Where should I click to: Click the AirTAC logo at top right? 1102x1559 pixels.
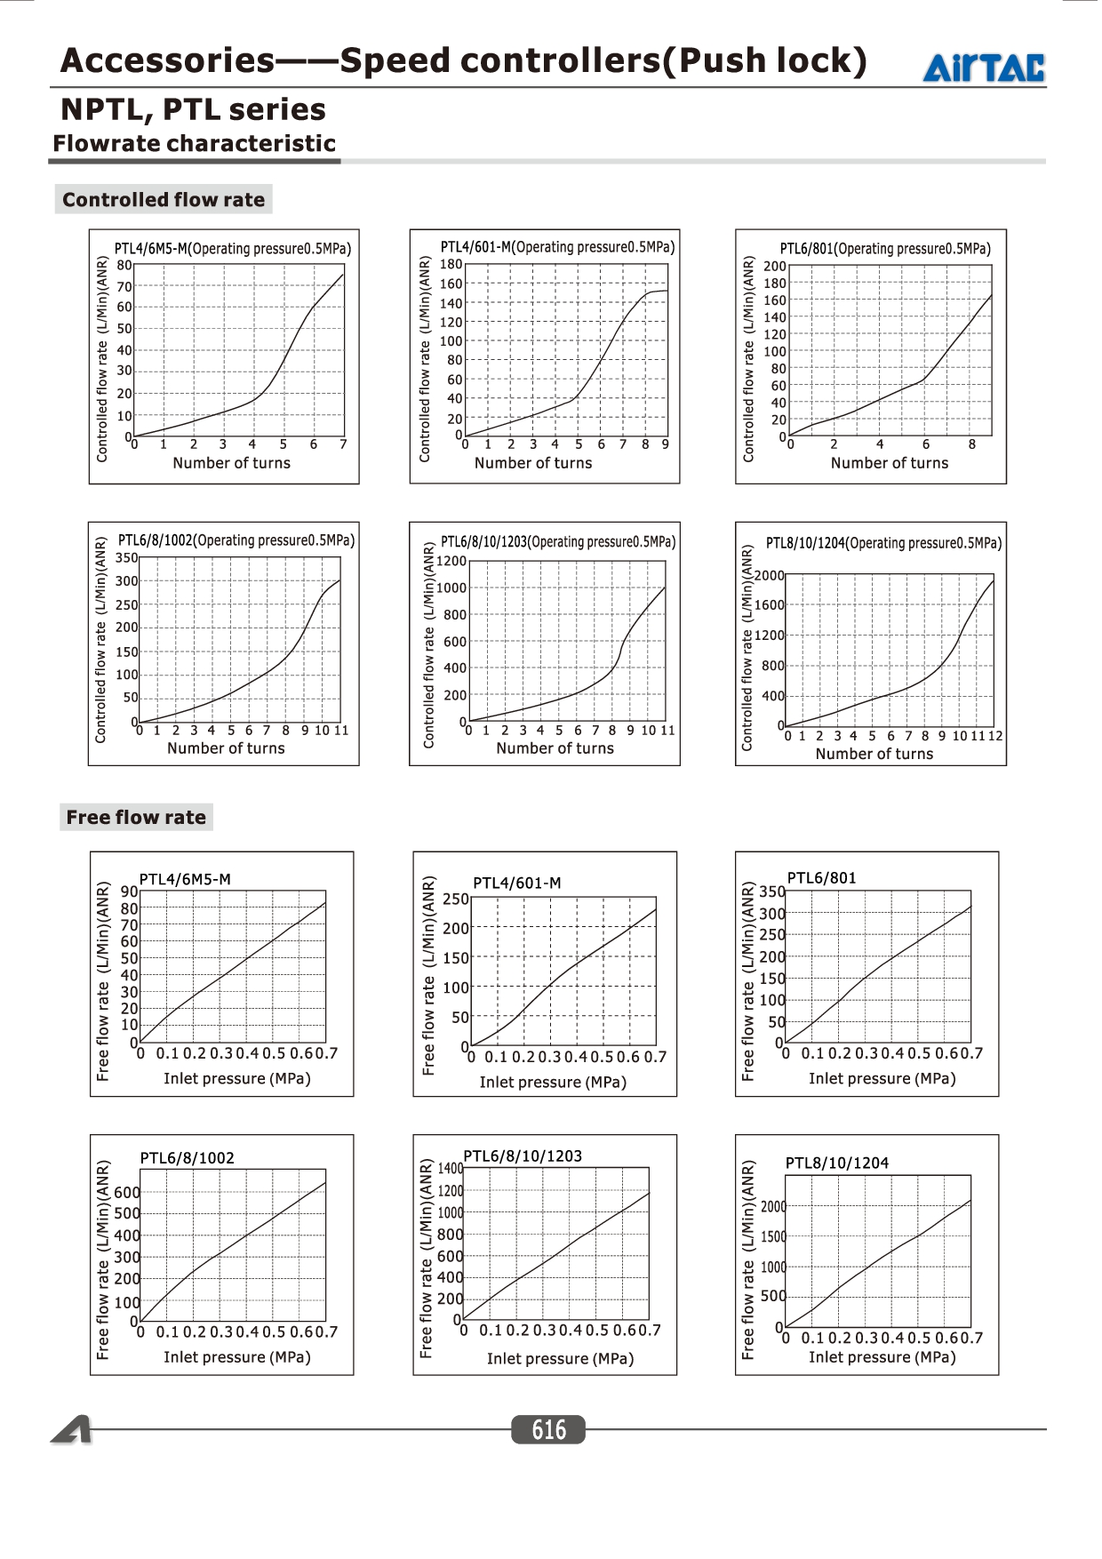pos(984,68)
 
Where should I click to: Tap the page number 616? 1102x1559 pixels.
pos(548,1429)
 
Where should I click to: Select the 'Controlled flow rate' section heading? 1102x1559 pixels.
pos(164,199)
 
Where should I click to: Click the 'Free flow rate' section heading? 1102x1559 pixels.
pos(136,817)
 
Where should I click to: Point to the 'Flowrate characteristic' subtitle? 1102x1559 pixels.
pos(194,143)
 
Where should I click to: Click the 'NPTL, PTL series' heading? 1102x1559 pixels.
pos(193,109)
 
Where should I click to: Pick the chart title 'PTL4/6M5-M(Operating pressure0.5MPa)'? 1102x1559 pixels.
pos(233,248)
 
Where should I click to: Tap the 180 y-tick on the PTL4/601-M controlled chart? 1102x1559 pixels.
pos(451,264)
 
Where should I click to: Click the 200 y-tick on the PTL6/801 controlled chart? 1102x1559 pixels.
pos(775,266)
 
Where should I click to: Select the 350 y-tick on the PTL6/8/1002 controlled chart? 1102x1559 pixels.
pos(127,558)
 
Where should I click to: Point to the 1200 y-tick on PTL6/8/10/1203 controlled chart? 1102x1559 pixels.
pos(451,561)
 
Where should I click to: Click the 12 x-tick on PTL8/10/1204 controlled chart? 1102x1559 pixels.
pos(995,736)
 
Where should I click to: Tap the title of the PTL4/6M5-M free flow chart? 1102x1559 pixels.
pos(185,879)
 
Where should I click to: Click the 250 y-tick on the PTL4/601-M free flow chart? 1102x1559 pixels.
pos(456,899)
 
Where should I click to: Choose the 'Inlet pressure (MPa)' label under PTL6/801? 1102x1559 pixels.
pos(882,1078)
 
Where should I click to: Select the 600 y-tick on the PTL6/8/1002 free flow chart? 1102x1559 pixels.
pos(127,1192)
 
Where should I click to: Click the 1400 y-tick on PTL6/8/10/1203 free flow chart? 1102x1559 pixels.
pos(451,1169)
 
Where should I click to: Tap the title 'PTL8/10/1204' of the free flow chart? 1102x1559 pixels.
pos(837,1163)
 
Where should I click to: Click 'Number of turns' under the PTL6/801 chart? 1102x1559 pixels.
pos(890,463)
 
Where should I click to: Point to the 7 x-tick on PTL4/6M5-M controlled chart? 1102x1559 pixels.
pos(343,444)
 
